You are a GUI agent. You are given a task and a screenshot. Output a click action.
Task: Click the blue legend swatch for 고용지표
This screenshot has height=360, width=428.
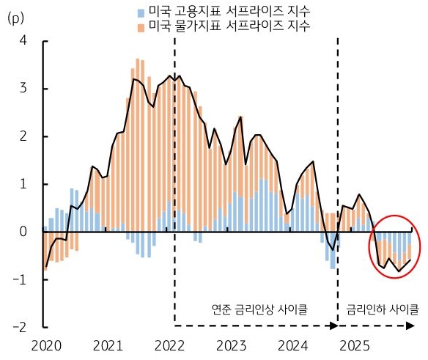pyautogui.click(x=141, y=12)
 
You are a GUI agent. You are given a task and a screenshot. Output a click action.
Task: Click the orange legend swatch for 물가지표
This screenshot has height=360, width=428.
pyautogui.click(x=141, y=26)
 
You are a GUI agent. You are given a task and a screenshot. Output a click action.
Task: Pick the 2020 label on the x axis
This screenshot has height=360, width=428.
pyautogui.click(x=45, y=345)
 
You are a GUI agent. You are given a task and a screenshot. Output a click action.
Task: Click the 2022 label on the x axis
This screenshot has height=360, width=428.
pyautogui.click(x=170, y=345)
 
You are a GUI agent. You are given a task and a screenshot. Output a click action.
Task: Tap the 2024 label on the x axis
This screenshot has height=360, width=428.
pyautogui.click(x=295, y=345)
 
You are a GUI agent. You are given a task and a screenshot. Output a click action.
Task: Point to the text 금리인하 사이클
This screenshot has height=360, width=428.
pyautogui.click(x=383, y=309)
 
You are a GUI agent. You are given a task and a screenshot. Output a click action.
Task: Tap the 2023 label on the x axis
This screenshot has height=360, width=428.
pyautogui.click(x=232, y=345)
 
